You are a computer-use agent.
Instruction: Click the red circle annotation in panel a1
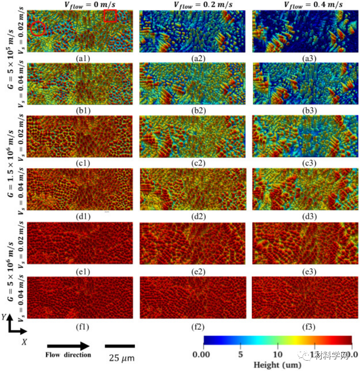click(38, 28)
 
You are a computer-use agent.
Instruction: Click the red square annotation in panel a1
click(110, 16)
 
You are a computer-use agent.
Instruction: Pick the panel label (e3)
click(305, 272)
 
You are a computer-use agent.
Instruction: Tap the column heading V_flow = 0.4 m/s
click(306, 5)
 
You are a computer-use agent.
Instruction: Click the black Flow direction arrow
click(68, 346)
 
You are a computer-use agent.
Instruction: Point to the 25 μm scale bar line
click(118, 346)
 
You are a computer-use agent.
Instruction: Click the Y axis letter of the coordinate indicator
click(4, 318)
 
